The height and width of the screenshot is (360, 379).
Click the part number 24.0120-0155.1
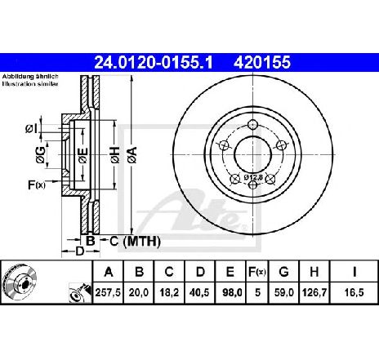153,62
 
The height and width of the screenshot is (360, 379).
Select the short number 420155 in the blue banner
262,62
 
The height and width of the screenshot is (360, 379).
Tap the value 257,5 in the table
108,292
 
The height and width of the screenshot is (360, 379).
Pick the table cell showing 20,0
139,292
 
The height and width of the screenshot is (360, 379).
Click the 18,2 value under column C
169,292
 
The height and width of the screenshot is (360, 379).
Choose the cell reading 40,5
199,292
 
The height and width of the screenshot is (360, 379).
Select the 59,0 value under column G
284,292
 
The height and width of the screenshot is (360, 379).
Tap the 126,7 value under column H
314,292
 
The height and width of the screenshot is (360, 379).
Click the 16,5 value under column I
354,292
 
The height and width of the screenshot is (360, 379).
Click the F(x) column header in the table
257,272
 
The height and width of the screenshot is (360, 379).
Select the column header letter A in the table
109,272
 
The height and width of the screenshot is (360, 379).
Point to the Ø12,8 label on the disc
253,177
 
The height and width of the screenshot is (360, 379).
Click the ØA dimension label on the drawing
132,155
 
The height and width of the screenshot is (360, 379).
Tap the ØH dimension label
115,155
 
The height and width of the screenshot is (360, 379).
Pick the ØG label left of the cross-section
40,155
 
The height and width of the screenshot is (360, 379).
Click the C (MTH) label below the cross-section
135,241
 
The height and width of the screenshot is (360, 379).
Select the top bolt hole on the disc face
253,125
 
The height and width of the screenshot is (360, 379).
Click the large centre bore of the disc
253,155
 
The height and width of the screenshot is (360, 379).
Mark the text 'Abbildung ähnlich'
30,77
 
